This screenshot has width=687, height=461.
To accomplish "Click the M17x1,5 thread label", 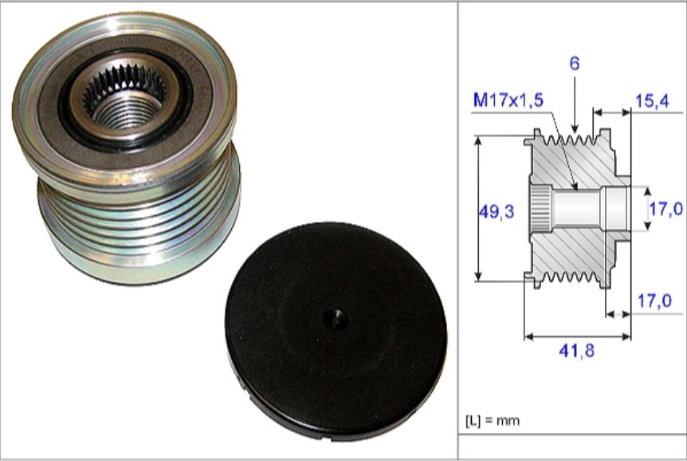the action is [x=508, y=100].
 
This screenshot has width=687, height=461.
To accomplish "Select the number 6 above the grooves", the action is [x=575, y=63].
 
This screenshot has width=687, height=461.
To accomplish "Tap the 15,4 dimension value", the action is [x=652, y=101].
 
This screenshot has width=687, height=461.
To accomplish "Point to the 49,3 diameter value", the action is [x=497, y=212].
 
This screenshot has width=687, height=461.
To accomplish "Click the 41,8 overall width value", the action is [x=576, y=350].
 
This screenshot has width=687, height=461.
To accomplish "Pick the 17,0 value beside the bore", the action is [x=665, y=209].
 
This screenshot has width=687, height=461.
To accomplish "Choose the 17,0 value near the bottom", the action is [x=654, y=301].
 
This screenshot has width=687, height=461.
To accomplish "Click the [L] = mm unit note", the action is [x=493, y=420].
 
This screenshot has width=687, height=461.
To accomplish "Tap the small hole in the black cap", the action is [x=336, y=319].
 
